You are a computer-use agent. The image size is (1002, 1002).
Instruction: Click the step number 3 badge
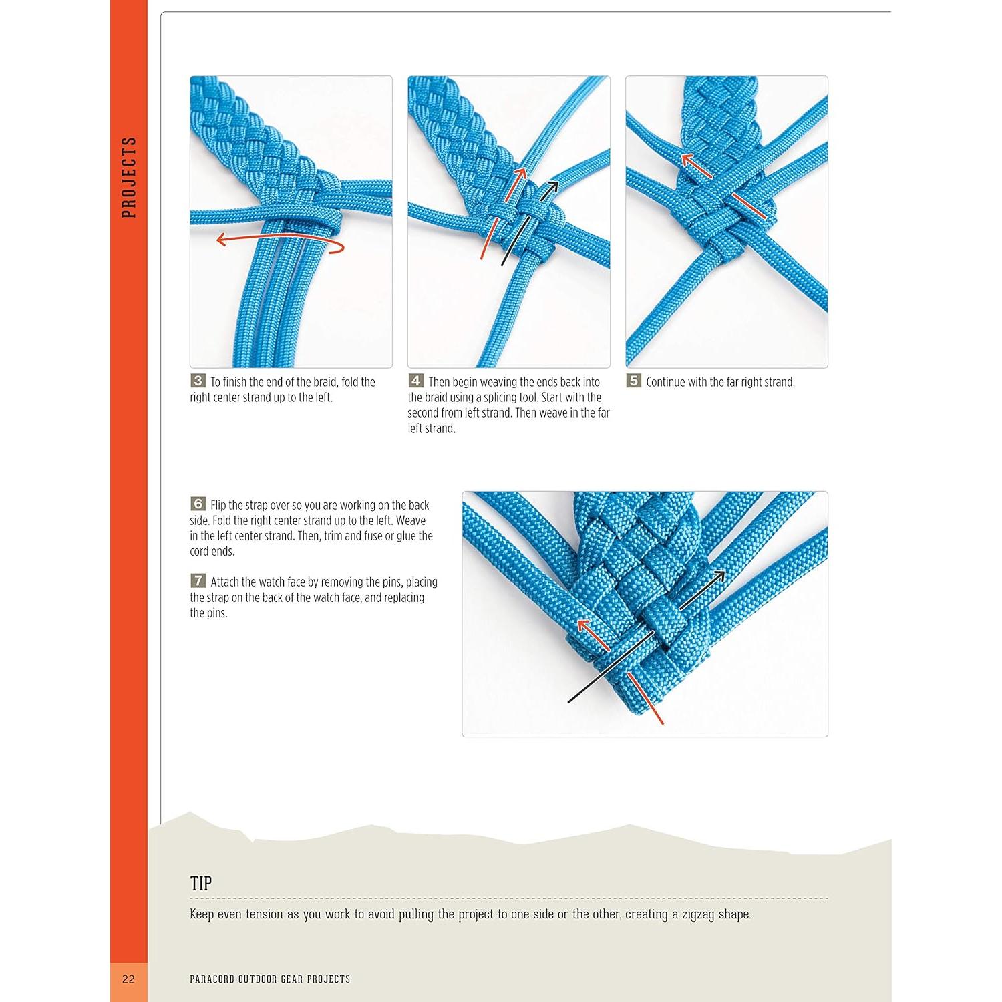(x=198, y=381)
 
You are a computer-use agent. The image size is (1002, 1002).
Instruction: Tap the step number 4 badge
(x=415, y=381)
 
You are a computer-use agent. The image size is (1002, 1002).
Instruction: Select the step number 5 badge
(x=634, y=381)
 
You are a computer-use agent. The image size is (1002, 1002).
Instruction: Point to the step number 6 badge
(x=198, y=504)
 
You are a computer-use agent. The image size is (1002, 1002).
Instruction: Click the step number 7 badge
(x=198, y=581)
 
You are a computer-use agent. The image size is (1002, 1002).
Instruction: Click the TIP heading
(x=201, y=884)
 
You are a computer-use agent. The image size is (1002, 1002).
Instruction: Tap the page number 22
(x=128, y=979)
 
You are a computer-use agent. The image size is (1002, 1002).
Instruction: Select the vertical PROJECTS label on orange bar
(x=129, y=177)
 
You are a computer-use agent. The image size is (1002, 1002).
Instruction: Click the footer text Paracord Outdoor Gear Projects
(x=270, y=979)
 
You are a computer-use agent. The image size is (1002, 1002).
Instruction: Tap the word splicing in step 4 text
(x=497, y=397)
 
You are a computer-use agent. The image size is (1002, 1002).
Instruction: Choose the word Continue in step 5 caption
(x=665, y=382)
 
